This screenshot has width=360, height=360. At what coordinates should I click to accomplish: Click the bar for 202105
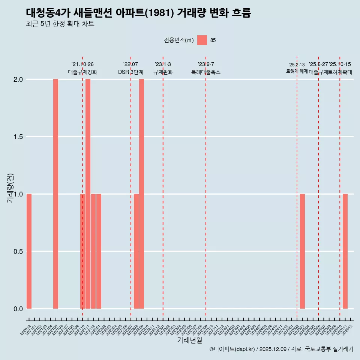[55, 194]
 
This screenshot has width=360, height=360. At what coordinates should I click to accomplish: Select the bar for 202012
[29, 251]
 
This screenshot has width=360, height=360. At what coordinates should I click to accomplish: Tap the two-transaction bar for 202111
[88, 194]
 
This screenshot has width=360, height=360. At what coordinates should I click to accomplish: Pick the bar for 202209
[141, 194]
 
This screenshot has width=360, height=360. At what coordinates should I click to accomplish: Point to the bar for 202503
[302, 251]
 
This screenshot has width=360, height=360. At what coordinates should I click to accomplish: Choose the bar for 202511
[345, 251]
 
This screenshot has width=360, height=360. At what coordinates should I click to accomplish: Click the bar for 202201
[99, 251]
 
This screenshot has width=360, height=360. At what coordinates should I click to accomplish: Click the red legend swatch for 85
[202, 40]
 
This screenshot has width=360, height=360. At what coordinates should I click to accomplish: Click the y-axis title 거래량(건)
[10, 188]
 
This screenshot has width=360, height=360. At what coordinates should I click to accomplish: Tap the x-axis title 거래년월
[189, 340]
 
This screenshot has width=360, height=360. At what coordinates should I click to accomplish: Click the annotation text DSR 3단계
[130, 72]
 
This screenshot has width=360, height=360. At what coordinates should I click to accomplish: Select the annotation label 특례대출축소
[206, 72]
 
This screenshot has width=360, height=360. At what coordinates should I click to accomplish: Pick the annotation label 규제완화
[163, 72]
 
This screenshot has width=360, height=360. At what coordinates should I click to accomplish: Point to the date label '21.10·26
[82, 64]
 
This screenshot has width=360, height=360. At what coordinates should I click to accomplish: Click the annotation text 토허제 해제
[297, 71]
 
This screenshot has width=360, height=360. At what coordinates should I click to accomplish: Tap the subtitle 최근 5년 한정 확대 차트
[60, 24]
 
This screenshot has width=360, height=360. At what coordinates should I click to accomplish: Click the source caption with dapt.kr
[281, 349]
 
